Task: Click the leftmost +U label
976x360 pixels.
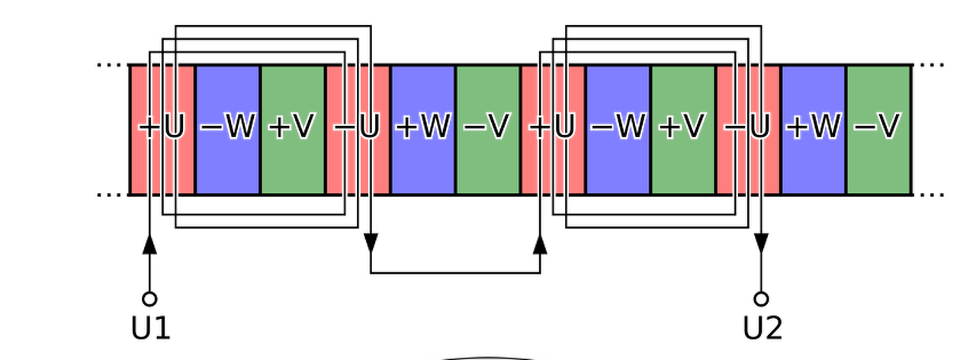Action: pyautogui.click(x=162, y=128)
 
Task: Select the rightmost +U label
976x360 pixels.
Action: pyautogui.click(x=552, y=128)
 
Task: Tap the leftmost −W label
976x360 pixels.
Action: pyautogui.click(x=227, y=128)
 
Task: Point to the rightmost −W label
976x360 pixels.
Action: pyautogui.click(x=618, y=128)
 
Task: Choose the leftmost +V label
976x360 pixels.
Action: pyautogui.click(x=292, y=128)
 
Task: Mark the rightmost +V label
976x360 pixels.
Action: pyautogui.click(x=682, y=128)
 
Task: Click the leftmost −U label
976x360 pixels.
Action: pyautogui.click(x=357, y=128)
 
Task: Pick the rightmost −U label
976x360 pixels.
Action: pyautogui.click(x=747, y=128)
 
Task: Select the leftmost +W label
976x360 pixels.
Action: pyautogui.click(x=422, y=128)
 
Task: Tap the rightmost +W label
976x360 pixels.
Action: pyautogui.click(x=813, y=128)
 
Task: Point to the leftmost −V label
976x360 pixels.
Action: pyautogui.click(x=487, y=128)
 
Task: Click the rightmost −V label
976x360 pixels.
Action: pyautogui.click(x=878, y=128)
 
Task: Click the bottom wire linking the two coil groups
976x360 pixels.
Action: pyautogui.click(x=455, y=270)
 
